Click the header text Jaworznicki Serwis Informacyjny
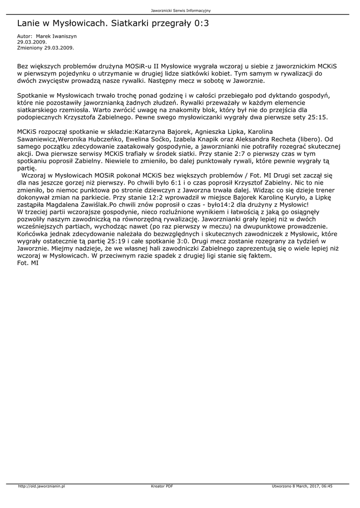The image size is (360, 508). (180, 10)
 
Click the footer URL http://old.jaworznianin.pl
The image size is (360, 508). (42, 486)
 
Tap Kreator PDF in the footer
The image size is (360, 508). (162, 486)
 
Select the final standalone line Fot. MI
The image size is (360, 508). (28, 263)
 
